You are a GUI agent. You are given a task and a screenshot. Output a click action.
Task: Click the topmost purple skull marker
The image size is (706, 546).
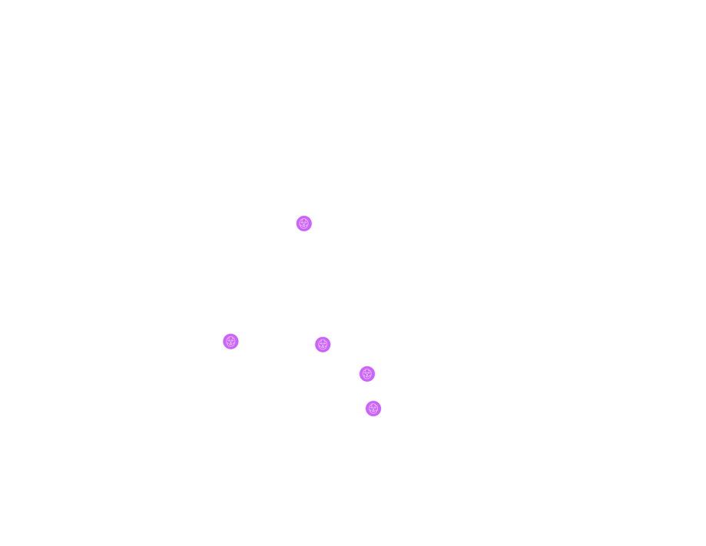pyautogui.click(x=304, y=223)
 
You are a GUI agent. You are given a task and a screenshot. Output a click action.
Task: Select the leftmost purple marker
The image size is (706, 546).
pyautogui.click(x=230, y=342)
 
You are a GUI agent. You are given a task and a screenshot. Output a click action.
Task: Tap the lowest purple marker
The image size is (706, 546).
pyautogui.click(x=373, y=409)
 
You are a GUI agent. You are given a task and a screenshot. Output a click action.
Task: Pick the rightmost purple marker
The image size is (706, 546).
pyautogui.click(x=373, y=409)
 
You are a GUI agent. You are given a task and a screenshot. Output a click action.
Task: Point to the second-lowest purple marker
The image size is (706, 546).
pyautogui.click(x=367, y=374)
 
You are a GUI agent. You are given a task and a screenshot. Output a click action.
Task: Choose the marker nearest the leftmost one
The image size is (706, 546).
pyautogui.click(x=323, y=344)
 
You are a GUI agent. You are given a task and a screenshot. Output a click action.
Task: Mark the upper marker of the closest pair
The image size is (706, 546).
pyautogui.click(x=367, y=374)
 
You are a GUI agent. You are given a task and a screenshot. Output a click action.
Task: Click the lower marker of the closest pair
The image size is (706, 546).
pyautogui.click(x=373, y=409)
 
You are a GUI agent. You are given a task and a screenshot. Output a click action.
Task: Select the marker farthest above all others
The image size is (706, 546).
pyautogui.click(x=304, y=223)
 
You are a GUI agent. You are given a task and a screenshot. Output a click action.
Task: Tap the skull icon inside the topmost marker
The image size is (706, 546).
pyautogui.click(x=304, y=223)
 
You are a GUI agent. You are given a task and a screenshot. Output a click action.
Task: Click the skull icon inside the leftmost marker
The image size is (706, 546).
pyautogui.click(x=230, y=342)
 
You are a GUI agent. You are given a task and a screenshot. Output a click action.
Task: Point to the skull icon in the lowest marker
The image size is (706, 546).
pyautogui.click(x=373, y=409)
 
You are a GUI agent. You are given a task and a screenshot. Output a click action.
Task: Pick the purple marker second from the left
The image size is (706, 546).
pyautogui.click(x=304, y=223)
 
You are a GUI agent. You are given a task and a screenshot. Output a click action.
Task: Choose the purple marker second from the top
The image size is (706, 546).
pyautogui.click(x=230, y=342)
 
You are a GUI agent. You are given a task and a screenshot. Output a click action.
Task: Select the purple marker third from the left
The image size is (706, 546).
pyautogui.click(x=323, y=344)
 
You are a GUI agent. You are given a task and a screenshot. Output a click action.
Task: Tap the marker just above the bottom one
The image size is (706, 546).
pyautogui.click(x=367, y=374)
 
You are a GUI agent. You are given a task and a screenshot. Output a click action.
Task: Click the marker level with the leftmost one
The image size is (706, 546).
pyautogui.click(x=323, y=344)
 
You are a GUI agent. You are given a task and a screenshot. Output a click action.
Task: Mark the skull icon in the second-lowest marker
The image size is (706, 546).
pyautogui.click(x=367, y=374)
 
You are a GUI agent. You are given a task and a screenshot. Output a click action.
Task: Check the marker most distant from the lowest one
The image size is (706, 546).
pyautogui.click(x=304, y=223)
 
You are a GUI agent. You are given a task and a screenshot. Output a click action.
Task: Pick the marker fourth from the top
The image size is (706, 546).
pyautogui.click(x=367, y=374)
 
